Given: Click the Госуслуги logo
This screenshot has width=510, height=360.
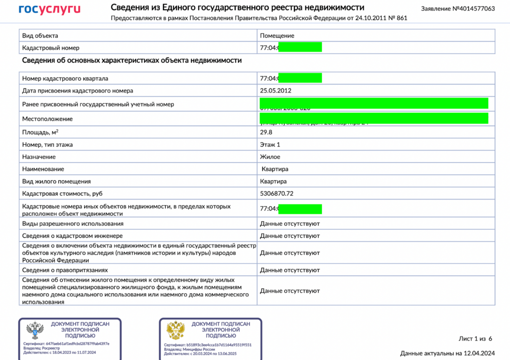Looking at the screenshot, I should pyautogui.click(x=49, y=9).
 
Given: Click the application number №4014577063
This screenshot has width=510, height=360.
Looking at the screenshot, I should pyautogui.click(x=458, y=9).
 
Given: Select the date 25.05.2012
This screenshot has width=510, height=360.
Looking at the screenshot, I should pyautogui.click(x=275, y=91).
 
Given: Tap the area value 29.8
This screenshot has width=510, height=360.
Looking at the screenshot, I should pyautogui.click(x=267, y=132).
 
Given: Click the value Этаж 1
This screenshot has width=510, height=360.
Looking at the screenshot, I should pyautogui.click(x=270, y=144).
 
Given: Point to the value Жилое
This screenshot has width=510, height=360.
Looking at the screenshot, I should pyautogui.click(x=270, y=157).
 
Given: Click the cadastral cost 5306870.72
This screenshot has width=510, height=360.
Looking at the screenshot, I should pyautogui.click(x=276, y=193).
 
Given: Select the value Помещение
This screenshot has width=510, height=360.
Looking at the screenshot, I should pyautogui.click(x=277, y=36).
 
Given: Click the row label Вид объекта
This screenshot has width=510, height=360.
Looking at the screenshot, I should pyautogui.click(x=40, y=36).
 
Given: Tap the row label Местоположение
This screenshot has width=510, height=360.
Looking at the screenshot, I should pyautogui.click(x=47, y=119).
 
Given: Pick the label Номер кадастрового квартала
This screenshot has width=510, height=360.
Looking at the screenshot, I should pyautogui.click(x=65, y=78).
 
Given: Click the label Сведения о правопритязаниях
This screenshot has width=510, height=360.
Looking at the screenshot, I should pyautogui.click(x=65, y=270).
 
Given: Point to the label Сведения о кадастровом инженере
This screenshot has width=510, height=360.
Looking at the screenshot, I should pyautogui.click(x=73, y=236).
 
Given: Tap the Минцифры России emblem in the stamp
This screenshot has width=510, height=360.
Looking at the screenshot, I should pyautogui.click(x=175, y=331).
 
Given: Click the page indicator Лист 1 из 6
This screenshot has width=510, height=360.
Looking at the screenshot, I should pyautogui.click(x=475, y=339).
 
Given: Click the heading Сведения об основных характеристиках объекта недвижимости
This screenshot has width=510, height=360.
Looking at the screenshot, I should pyautogui.click(x=132, y=60).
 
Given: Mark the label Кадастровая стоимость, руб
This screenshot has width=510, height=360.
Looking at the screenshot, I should pyautogui.click(x=62, y=193).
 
